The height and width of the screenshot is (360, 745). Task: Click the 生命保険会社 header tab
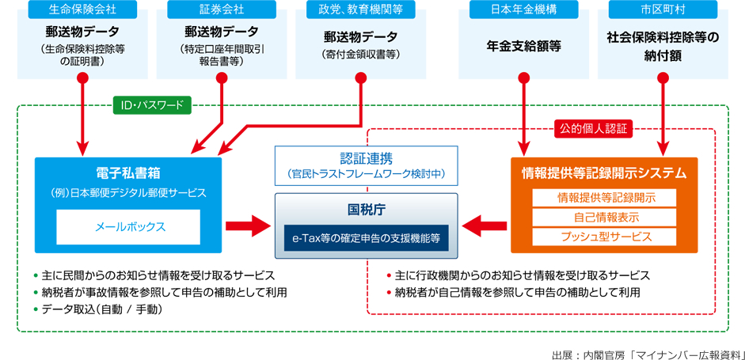82,9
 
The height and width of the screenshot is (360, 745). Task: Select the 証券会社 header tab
222,9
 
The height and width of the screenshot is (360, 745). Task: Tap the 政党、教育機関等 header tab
360,9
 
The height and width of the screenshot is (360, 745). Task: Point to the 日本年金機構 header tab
523,9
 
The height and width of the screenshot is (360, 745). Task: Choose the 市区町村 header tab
663,9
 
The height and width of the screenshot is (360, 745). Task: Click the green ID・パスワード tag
151,105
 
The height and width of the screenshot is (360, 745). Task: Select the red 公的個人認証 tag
593,129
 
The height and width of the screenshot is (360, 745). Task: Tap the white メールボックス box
128,227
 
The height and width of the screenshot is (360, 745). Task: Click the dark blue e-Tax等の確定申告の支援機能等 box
367,238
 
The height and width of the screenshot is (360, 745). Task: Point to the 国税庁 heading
367,207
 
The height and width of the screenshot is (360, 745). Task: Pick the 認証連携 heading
367,159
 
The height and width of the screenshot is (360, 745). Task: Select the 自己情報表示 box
604,218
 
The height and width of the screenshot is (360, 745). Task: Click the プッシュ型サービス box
604,237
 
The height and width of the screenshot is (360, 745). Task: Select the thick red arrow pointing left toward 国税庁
485,225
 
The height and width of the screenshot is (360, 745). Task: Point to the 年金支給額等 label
523,46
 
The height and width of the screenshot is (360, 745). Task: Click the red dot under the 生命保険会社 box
82,78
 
